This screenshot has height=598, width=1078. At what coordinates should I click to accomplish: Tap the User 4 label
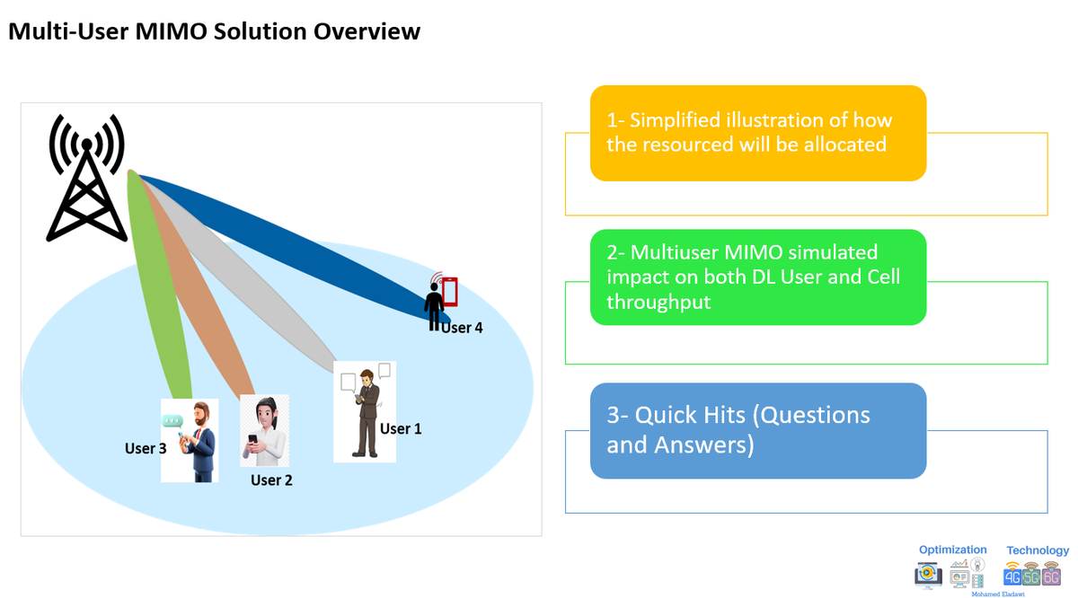pos(462,328)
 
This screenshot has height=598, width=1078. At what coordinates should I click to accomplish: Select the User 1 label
pos(401,428)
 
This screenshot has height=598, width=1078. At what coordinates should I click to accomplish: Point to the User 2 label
pos(271,479)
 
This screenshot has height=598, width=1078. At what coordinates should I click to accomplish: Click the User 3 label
pos(146,448)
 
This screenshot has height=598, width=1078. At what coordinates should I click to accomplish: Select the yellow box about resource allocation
pos(757,133)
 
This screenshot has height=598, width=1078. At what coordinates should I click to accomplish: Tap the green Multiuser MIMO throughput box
pos(757,277)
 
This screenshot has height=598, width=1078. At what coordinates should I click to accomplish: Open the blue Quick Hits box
pos(757,430)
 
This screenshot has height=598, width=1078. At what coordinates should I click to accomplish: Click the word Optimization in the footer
pos(952,550)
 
